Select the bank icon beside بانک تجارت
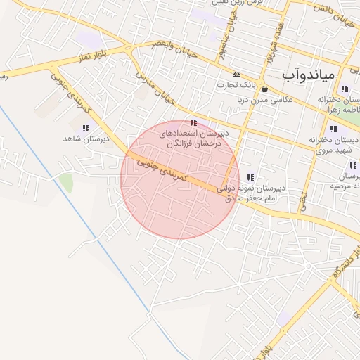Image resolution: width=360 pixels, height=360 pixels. pos(236,74)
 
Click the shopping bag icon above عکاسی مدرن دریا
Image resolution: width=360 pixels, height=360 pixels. pos(264,89)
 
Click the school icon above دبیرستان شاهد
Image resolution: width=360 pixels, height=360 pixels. pos(85,128)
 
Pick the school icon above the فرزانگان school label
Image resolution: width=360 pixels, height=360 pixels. pos(193,122)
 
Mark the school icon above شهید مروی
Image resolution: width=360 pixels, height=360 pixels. pos(333,129)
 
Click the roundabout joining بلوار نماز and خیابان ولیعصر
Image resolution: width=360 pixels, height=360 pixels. pos(129,49)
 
